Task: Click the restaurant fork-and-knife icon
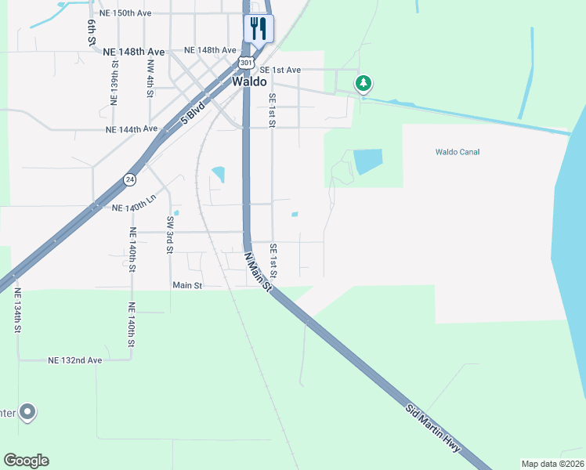pyautogui.click(x=258, y=29)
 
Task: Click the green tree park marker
pyautogui.click(x=363, y=83)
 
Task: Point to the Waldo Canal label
pyautogui.click(x=458, y=152)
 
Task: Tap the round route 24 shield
pyautogui.click(x=128, y=179)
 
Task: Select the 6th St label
pyautogui.click(x=92, y=32)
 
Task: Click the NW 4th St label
pyautogui.click(x=150, y=79)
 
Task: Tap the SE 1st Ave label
pyautogui.click(x=280, y=70)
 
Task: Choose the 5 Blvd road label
pyautogui.click(x=193, y=114)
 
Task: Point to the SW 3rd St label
pyautogui.click(x=169, y=236)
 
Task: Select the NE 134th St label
pyautogui.click(x=16, y=311)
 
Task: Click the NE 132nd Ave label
pyautogui.click(x=75, y=360)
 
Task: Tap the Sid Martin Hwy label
pyautogui.click(x=435, y=432)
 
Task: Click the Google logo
pyautogui.click(x=26, y=461)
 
